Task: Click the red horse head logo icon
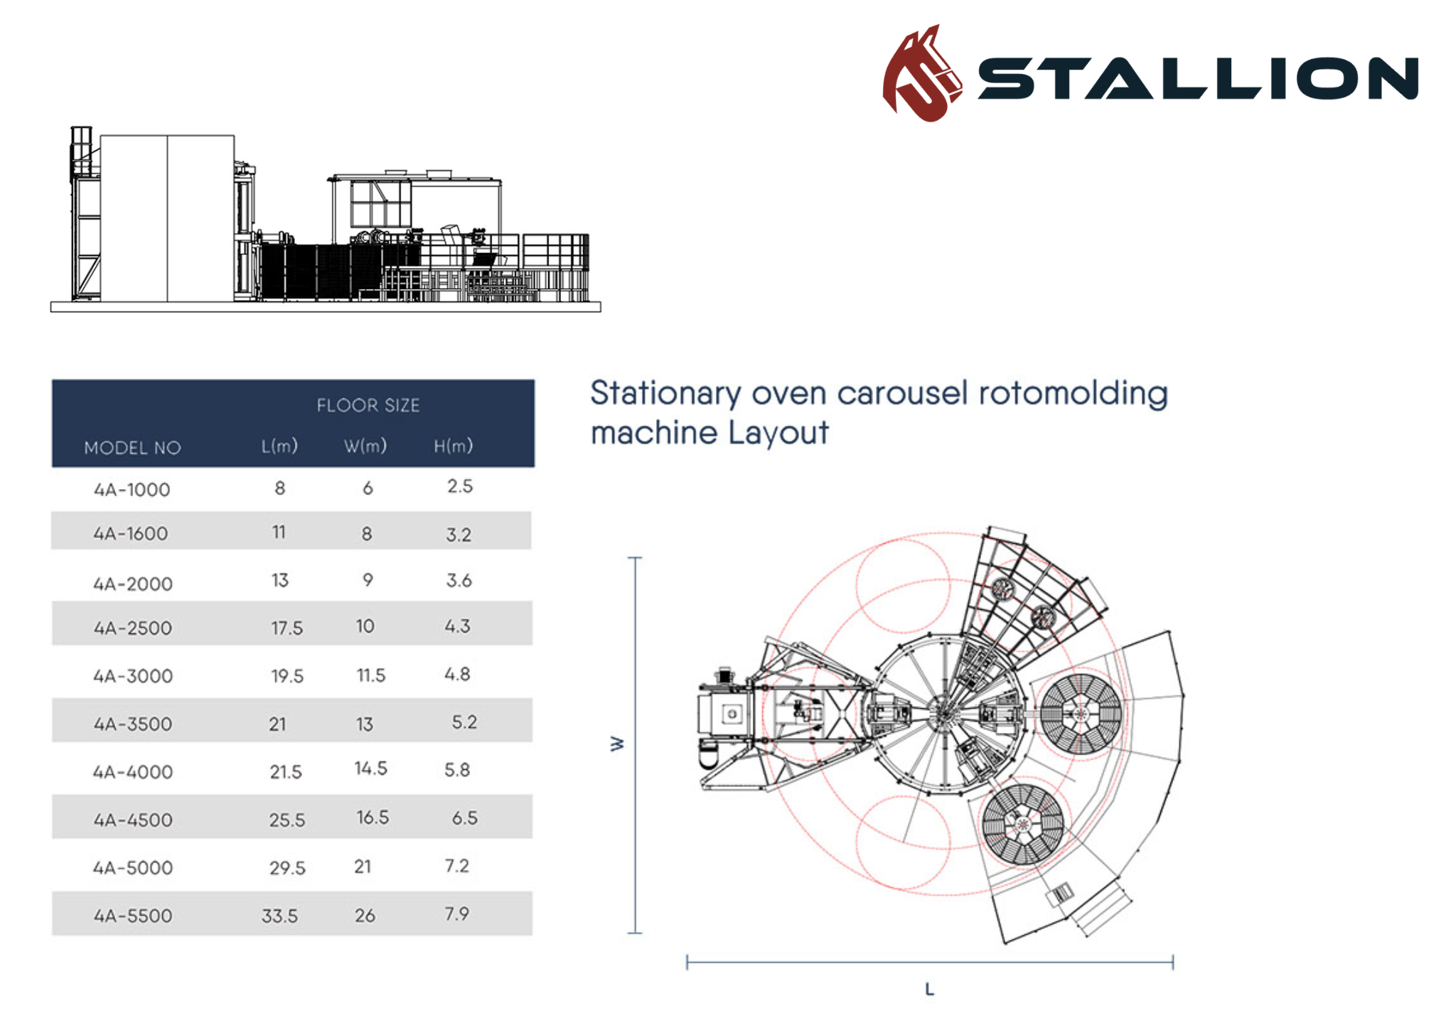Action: [921, 75]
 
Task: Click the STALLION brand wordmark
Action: [1198, 78]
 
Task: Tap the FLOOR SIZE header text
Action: [368, 405]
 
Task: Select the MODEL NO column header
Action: [132, 448]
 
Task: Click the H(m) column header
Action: [453, 446]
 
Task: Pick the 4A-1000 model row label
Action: [132, 490]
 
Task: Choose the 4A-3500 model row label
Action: [133, 724]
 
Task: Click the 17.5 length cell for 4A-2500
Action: [287, 628]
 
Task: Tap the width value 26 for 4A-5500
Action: [365, 916]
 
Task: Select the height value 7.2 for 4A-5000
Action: [457, 866]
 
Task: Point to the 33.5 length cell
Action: [279, 916]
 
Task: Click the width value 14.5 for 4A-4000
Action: [370, 768]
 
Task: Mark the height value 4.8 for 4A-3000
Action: [457, 674]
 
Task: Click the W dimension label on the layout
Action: [617, 744]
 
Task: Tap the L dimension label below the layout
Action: [929, 989]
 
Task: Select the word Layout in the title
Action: [778, 432]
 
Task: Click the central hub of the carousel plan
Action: [944, 713]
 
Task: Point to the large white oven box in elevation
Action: [167, 218]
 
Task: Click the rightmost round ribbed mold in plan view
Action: [1081, 714]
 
